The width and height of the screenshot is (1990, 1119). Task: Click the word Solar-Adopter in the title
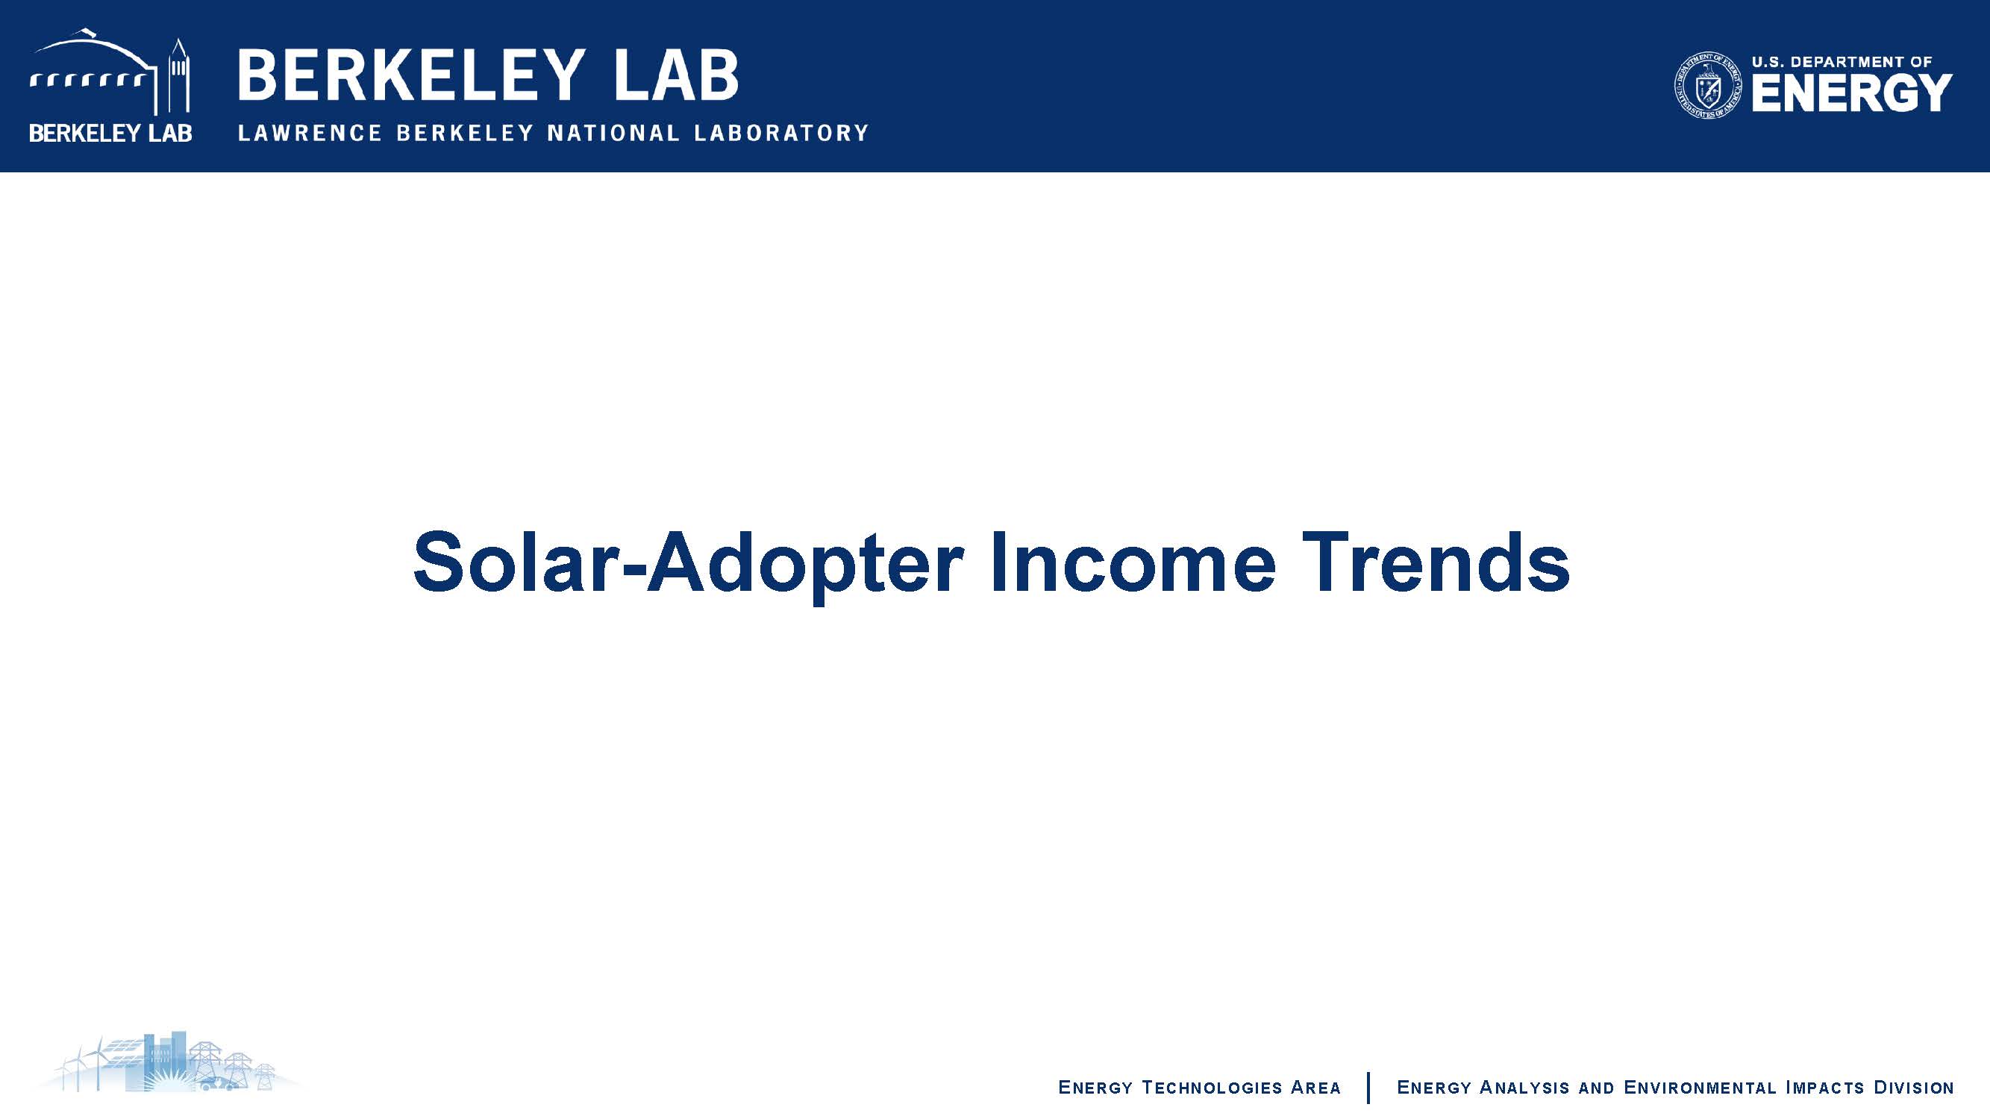[688, 564]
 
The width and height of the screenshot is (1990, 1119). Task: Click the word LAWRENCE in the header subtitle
[310, 133]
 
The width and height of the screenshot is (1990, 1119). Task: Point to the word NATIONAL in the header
[613, 133]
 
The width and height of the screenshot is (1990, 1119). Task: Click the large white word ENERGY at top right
[1852, 93]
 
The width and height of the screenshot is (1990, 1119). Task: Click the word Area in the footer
[1315, 1088]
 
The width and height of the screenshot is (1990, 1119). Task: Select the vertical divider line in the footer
[1368, 1088]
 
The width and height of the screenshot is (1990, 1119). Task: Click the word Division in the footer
[1914, 1088]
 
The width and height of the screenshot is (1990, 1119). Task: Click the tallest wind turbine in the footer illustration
[97, 1062]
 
